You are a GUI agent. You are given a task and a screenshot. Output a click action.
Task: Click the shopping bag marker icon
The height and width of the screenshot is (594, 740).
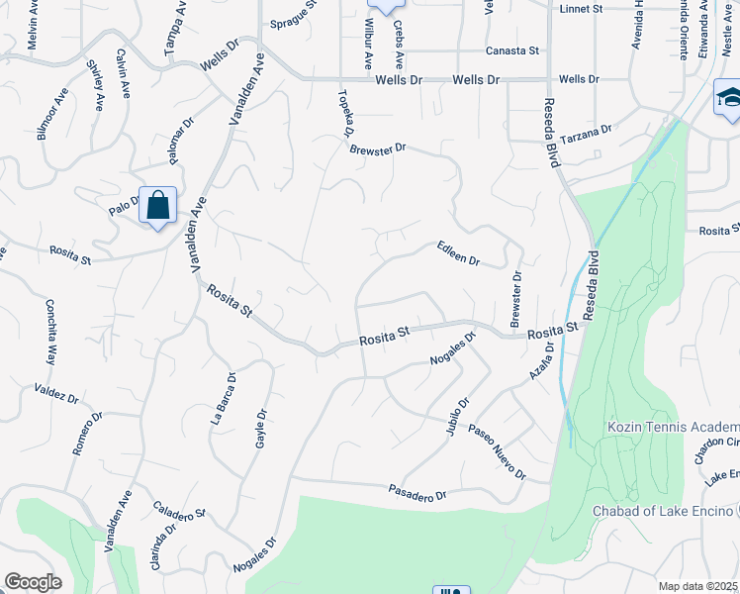(157, 206)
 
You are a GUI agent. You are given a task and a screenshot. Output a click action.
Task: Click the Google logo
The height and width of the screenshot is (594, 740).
(33, 582)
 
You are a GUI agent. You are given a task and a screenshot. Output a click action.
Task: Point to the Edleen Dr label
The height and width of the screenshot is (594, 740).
(458, 254)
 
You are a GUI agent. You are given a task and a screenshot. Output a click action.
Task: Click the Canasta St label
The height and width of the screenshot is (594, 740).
(511, 50)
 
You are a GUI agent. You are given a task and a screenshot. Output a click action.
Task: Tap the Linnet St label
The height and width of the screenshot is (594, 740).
(581, 8)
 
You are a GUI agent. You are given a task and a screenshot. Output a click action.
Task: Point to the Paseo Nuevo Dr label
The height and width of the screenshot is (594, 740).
(497, 452)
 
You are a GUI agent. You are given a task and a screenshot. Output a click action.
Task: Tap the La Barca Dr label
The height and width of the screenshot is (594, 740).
(223, 398)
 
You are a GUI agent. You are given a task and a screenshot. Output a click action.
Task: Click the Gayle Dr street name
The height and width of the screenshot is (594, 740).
(262, 428)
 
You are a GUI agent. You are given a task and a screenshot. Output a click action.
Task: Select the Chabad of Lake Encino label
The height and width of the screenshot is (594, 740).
(665, 511)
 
